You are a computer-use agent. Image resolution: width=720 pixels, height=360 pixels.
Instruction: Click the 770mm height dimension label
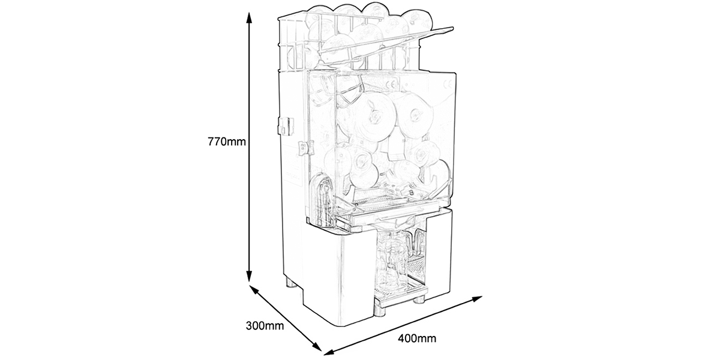click(226, 142)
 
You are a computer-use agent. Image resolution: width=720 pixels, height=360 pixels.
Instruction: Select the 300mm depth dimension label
click(263, 326)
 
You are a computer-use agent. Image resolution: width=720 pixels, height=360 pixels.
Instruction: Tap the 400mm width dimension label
click(418, 339)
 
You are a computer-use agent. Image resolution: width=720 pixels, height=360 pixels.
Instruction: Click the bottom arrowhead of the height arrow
click(247, 279)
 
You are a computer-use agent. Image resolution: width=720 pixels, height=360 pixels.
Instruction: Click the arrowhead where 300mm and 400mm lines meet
click(325, 350)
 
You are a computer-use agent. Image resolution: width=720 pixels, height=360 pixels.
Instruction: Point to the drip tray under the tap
click(399, 288)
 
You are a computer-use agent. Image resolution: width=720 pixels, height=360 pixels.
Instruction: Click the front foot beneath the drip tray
click(380, 309)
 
